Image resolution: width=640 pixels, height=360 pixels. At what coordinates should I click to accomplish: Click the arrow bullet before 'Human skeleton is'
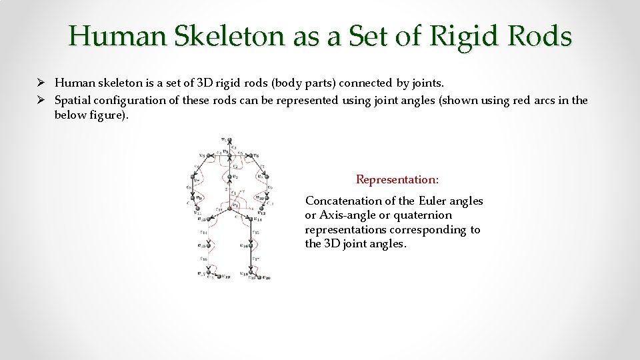click(x=41, y=83)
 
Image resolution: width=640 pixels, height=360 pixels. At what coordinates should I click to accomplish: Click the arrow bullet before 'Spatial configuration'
click(x=41, y=101)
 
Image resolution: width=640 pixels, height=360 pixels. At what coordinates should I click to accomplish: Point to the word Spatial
click(x=72, y=101)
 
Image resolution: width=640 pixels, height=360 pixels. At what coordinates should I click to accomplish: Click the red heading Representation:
click(x=397, y=179)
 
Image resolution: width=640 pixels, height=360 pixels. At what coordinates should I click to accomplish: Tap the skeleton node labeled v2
click(x=229, y=177)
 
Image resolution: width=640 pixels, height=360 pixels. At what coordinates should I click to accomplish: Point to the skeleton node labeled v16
click(x=251, y=246)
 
